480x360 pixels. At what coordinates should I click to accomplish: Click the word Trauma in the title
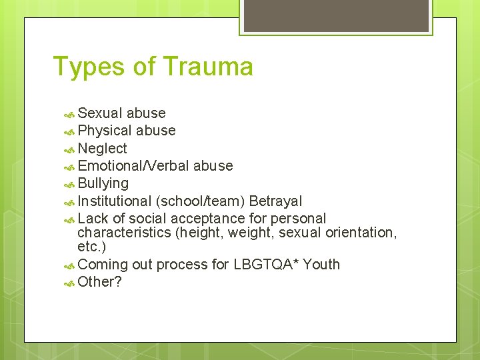(x=207, y=67)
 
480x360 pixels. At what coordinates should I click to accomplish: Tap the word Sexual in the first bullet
(x=100, y=113)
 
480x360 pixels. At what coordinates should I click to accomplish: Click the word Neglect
(x=102, y=148)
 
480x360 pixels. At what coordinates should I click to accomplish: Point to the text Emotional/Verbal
(x=134, y=165)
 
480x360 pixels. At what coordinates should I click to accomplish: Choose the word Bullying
(x=103, y=183)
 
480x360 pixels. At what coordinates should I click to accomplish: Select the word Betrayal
(x=275, y=201)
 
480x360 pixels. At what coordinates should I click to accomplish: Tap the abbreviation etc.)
(x=91, y=247)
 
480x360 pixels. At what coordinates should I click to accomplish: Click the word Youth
(x=321, y=264)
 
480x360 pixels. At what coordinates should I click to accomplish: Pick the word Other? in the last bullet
(x=99, y=281)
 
